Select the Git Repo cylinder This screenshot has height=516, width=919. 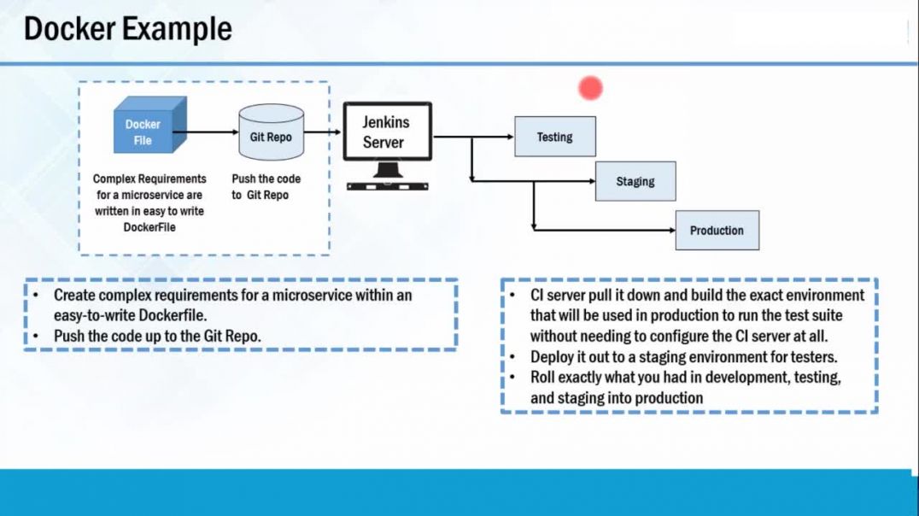(271, 134)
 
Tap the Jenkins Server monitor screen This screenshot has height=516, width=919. (387, 132)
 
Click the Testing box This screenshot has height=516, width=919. (554, 137)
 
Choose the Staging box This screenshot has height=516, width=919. (635, 181)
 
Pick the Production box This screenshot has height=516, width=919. (717, 230)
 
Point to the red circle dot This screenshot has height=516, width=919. (590, 87)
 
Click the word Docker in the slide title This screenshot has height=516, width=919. (71, 29)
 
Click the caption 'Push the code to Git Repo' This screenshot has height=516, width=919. (266, 187)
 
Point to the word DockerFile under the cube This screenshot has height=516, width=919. (149, 227)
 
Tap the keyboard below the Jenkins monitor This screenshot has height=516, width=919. (387, 185)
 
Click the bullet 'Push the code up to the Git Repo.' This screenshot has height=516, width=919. (157, 336)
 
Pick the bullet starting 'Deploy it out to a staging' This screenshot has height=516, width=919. (683, 357)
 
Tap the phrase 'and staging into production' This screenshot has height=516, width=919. (617, 397)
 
